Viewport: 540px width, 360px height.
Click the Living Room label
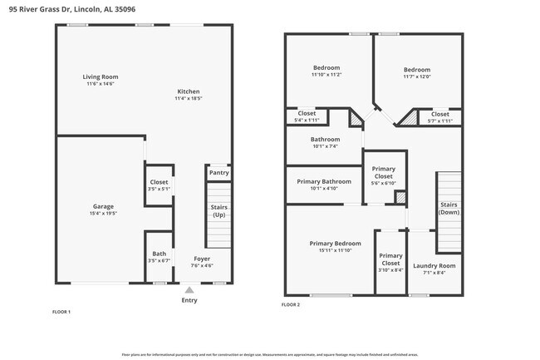tap(100, 76)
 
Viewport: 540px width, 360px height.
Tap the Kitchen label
tap(189, 91)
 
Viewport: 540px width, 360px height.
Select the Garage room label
tap(103, 206)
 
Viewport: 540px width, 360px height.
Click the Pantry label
tap(218, 173)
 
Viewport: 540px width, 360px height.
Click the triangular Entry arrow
tap(189, 289)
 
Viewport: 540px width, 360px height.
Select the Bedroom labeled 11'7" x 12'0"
tap(417, 70)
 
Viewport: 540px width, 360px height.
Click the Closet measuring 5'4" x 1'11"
tap(307, 114)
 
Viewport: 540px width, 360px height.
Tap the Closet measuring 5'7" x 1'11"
tap(439, 115)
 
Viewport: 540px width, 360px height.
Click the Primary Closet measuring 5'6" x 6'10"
tap(383, 172)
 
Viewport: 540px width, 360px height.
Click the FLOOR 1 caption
tap(61, 312)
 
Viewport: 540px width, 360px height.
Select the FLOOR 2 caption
tap(290, 305)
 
